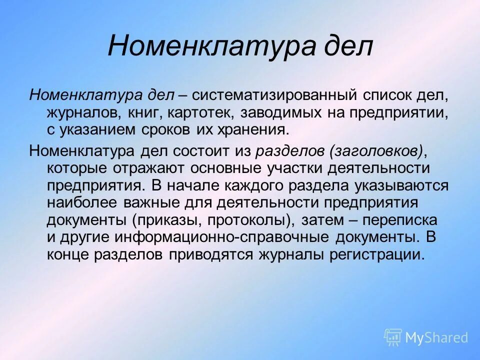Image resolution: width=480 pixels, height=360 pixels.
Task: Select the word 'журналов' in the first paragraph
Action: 81,112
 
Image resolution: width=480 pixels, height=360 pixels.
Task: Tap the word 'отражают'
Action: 149,167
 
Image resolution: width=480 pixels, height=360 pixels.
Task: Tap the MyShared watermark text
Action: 436,338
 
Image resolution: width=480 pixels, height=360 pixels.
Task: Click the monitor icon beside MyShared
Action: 393,337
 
